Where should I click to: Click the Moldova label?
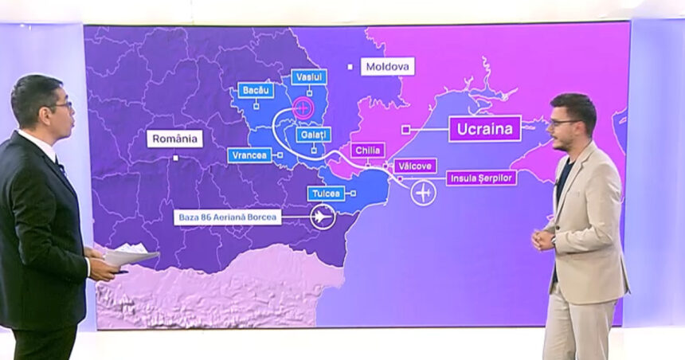(x=387, y=66)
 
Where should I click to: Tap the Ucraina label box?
(x=484, y=128)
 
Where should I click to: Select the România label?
(x=174, y=139)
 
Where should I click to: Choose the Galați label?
(x=313, y=135)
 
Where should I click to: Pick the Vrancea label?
(x=249, y=155)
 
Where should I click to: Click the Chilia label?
(x=367, y=151)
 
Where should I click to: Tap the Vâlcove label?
(x=414, y=166)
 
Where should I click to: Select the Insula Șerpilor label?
(x=480, y=178)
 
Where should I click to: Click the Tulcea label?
(x=326, y=194)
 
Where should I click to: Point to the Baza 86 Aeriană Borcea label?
(x=227, y=217)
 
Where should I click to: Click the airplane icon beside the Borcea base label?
(x=323, y=217)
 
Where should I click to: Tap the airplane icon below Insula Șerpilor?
(x=424, y=193)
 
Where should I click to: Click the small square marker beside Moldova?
(x=350, y=67)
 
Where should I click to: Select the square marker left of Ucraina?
(x=405, y=128)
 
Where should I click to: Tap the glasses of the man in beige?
(x=563, y=123)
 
